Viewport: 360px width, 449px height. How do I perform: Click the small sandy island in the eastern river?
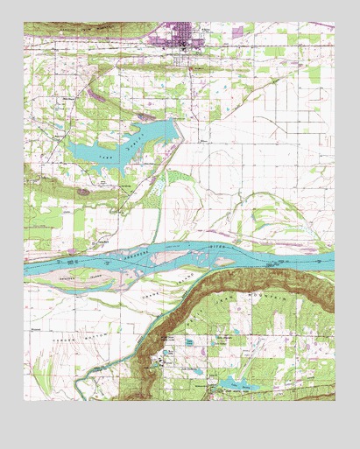pos(285,260)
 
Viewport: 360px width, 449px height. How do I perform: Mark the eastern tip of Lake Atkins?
pos(175,128)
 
